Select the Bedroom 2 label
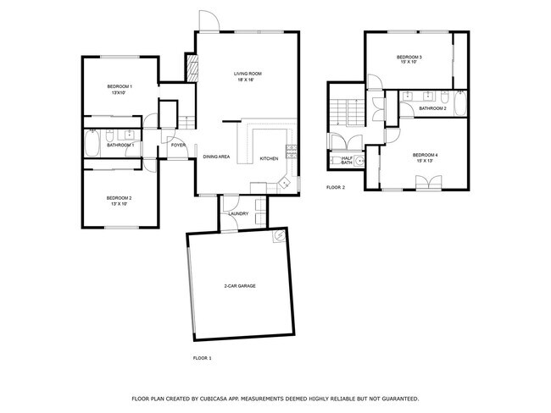tap(119, 200)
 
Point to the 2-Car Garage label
tap(240, 286)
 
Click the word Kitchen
tap(268, 159)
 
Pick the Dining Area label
tap(216, 157)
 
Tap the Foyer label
tap(178, 145)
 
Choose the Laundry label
tap(238, 213)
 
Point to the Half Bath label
tap(347, 160)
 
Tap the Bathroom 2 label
tap(432, 108)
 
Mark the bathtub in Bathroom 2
tap(459, 105)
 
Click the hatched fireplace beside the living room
tap(192, 68)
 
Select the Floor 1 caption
tap(202, 359)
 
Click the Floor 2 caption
tap(336, 187)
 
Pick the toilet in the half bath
tap(359, 159)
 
